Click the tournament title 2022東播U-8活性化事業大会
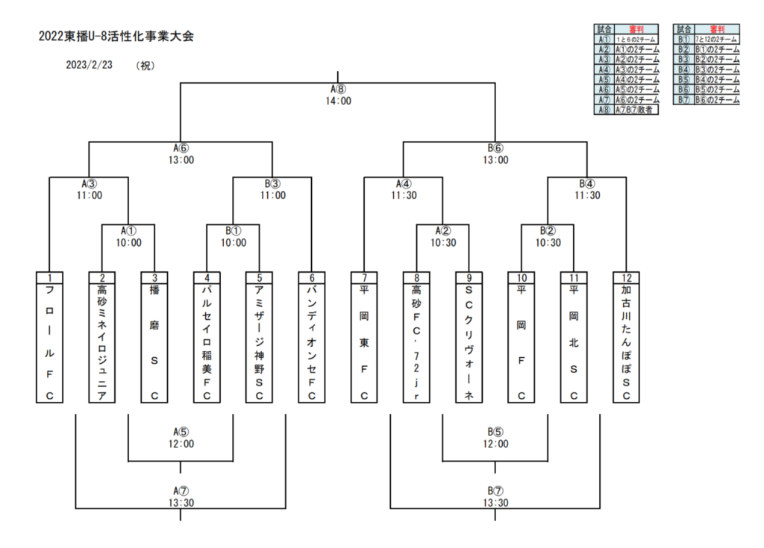116,37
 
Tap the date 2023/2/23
88,65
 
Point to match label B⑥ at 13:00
495,154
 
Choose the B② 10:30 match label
548,236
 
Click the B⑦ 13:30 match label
495,497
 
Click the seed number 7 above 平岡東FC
364,277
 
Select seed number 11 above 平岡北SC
574,277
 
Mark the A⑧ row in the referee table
627,110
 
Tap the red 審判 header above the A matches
636,28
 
